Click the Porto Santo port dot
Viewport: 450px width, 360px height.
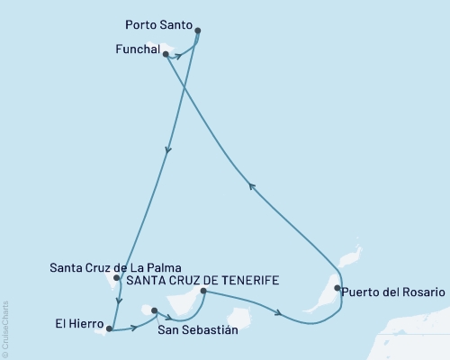click(197, 31)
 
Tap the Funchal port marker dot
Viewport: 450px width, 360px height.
click(166, 54)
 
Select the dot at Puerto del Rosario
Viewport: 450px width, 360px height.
click(337, 289)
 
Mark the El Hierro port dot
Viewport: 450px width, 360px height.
click(109, 329)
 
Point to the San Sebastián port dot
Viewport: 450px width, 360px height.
click(155, 311)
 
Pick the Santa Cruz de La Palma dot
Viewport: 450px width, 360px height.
click(117, 278)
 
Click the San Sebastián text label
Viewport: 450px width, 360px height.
click(198, 330)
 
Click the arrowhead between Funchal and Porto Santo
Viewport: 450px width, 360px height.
click(179, 56)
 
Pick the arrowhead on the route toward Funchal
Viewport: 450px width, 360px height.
click(253, 186)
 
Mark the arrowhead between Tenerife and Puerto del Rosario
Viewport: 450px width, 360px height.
click(283, 314)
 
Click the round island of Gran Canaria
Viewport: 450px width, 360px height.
click(238, 319)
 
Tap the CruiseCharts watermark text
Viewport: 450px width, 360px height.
click(4, 329)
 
